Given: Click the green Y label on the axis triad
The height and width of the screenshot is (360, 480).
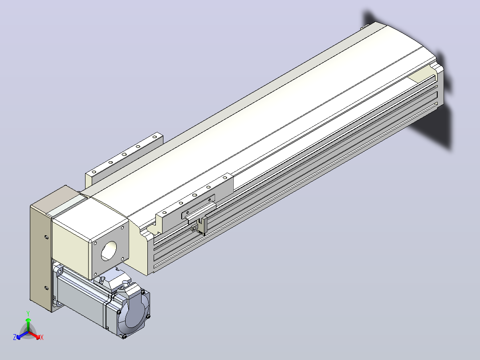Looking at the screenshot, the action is pyautogui.click(x=28, y=313).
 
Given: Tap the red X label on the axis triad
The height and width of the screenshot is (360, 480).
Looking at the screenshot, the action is pyautogui.click(x=42, y=337).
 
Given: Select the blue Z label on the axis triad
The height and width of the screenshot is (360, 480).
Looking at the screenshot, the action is pyautogui.click(x=15, y=337).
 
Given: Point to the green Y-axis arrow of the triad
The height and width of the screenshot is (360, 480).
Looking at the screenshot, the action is pyautogui.click(x=28, y=325).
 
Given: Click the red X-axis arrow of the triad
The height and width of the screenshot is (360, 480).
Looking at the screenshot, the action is pyautogui.click(x=34, y=335).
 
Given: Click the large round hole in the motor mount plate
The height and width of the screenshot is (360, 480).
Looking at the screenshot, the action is pyautogui.click(x=109, y=251).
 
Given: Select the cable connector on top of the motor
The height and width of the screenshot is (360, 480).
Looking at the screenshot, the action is pyautogui.click(x=112, y=280).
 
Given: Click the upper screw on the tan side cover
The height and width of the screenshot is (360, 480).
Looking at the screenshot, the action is pyautogui.click(x=46, y=237).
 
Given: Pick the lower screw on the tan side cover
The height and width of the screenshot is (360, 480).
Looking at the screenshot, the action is pyautogui.click(x=46, y=288).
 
